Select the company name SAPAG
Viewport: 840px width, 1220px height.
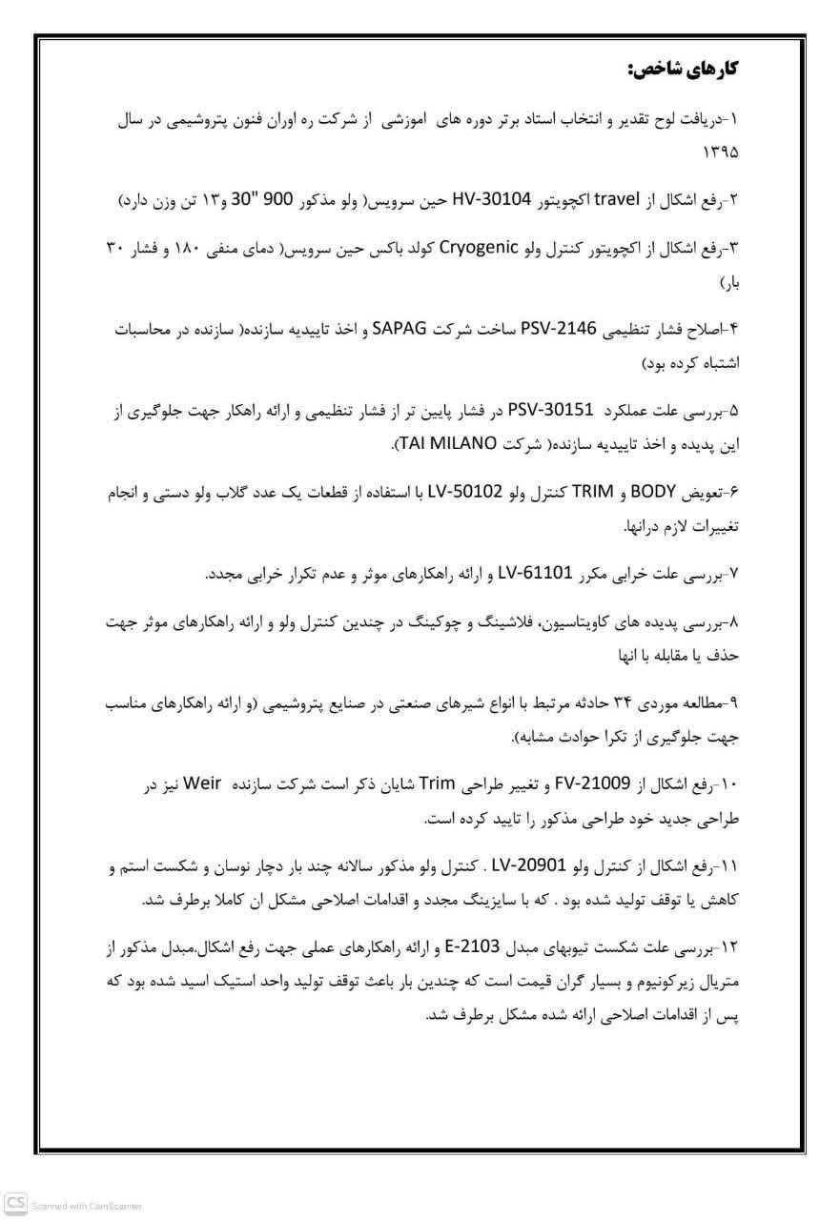tap(435, 329)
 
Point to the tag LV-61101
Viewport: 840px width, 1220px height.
tap(536, 574)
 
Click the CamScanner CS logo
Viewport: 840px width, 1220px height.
tap(14, 1205)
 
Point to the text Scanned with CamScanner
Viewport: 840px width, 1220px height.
tap(87, 1206)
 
